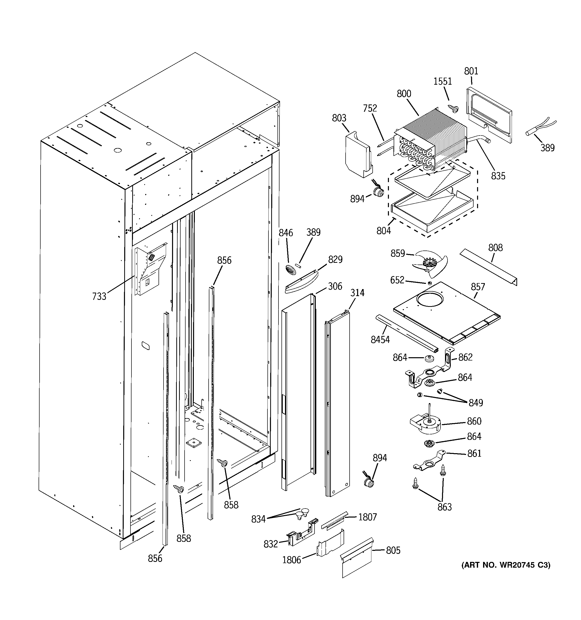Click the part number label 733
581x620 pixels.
pyautogui.click(x=99, y=296)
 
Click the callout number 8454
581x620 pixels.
pyautogui.click(x=380, y=340)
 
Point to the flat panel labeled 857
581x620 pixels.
pyautogui.click(x=446, y=318)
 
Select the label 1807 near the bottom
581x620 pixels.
pyautogui.click(x=367, y=517)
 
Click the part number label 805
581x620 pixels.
pyautogui.click(x=393, y=550)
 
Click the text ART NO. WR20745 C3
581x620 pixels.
pyautogui.click(x=506, y=565)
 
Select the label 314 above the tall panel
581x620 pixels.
pyautogui.click(x=357, y=293)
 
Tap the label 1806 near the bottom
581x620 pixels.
pyautogui.click(x=292, y=560)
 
